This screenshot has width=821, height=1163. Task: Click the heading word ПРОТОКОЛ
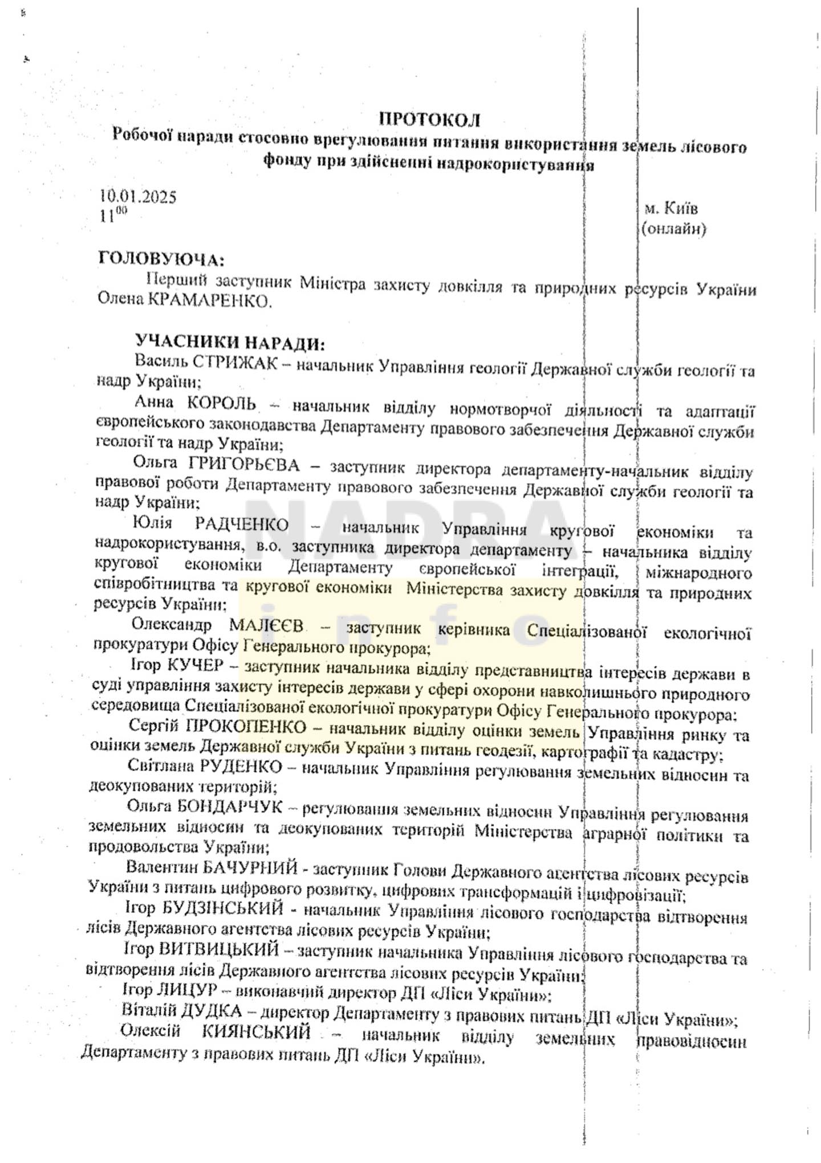tap(430, 120)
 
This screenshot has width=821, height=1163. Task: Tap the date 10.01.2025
tap(138, 197)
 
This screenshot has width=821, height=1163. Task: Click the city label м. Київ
tap(671, 208)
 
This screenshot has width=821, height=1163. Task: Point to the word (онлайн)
tap(673, 229)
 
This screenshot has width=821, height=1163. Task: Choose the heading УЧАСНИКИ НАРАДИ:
tap(230, 343)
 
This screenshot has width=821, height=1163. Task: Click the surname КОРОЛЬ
tap(221, 404)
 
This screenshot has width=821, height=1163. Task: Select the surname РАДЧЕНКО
tap(242, 524)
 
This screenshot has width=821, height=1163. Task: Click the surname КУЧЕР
tap(195, 665)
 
